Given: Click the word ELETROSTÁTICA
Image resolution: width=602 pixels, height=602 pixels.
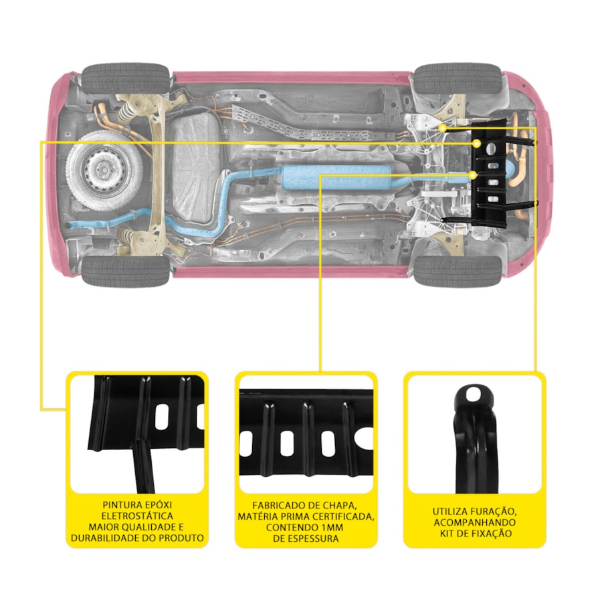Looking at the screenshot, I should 136,516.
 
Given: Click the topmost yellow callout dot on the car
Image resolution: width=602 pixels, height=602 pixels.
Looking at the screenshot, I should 443,127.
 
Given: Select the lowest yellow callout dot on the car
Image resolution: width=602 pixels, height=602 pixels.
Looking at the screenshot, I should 474,175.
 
